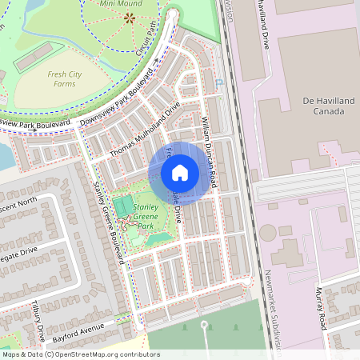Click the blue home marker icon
click(x=180, y=172)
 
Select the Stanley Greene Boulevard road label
click(x=110, y=219)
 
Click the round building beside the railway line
click(x=266, y=232)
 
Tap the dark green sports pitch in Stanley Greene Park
click(x=124, y=206)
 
